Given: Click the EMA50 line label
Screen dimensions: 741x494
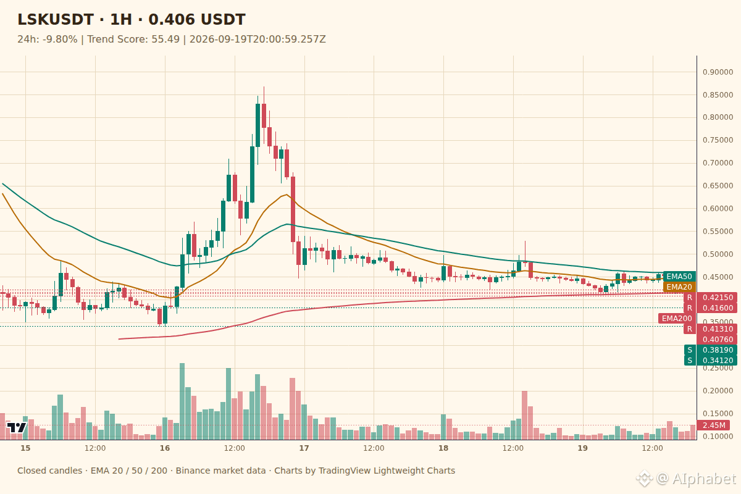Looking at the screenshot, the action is tap(679, 276).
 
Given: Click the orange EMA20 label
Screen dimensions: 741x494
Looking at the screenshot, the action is tap(679, 287).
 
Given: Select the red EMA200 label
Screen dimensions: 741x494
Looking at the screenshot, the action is tap(677, 318).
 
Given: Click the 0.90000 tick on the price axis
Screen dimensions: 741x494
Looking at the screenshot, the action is tap(718, 72).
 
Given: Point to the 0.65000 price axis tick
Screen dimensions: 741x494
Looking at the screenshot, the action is tap(718, 186).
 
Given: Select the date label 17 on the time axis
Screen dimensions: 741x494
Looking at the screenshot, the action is tap(304, 448).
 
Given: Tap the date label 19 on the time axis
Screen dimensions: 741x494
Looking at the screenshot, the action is tap(582, 448).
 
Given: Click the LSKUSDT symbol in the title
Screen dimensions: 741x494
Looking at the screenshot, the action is tap(55, 20).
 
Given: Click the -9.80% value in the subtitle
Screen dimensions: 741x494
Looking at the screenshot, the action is tap(60, 40).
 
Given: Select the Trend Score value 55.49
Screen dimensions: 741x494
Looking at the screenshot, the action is tap(165, 40).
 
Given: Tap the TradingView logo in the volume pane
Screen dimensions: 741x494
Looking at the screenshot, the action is tap(17, 427).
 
